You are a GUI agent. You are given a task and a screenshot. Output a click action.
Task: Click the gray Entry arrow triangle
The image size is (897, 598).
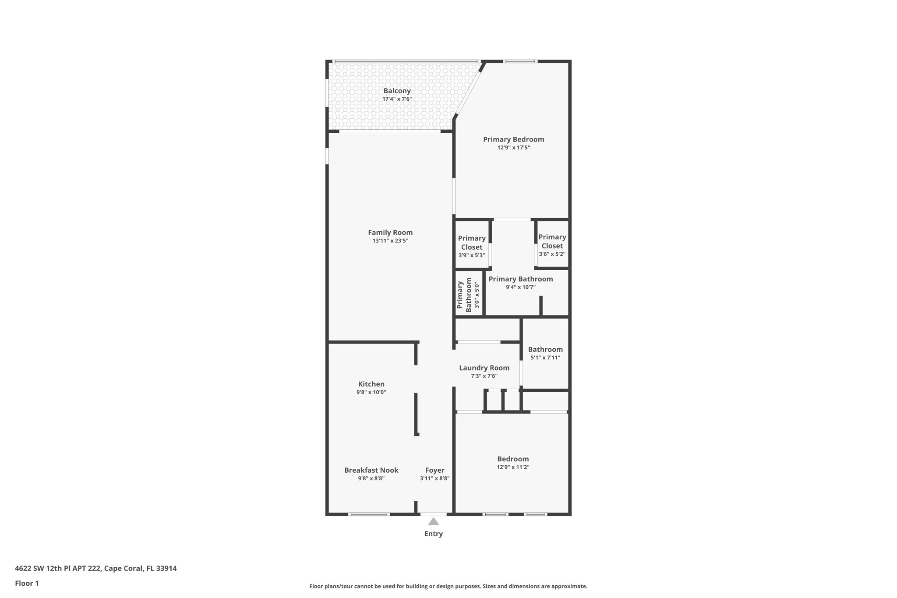[x=434, y=521]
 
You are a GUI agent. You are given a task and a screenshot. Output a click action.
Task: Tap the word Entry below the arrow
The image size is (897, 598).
[x=434, y=534]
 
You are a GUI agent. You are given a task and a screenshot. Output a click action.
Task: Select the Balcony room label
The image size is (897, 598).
[x=397, y=91]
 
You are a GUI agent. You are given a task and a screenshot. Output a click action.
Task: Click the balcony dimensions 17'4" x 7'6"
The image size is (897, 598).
[x=397, y=99]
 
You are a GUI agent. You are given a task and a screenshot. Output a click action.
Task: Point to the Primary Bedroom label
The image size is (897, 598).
[x=514, y=139]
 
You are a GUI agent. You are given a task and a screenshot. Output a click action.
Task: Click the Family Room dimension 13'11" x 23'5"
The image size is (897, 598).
[x=390, y=241]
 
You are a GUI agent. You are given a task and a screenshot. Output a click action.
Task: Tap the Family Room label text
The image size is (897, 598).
[x=390, y=233]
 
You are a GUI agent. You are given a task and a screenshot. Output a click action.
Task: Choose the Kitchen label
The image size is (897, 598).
[x=371, y=384]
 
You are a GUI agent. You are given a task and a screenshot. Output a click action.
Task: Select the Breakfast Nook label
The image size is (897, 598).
[x=371, y=470]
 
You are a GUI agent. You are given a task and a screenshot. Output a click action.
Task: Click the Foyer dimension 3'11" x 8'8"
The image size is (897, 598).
[x=435, y=478]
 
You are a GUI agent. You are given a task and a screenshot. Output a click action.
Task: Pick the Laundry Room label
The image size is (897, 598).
[x=484, y=368]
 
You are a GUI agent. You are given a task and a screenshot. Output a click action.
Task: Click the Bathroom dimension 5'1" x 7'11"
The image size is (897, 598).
[x=545, y=357]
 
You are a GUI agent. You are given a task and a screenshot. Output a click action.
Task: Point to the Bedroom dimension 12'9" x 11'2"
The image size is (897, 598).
[x=513, y=467]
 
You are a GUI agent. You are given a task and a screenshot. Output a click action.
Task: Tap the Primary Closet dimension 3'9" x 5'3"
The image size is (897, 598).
[x=472, y=255]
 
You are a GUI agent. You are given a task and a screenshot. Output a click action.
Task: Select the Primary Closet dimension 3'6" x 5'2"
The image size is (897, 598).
[x=552, y=254]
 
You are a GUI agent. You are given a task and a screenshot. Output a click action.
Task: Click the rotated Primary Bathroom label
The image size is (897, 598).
[x=464, y=295]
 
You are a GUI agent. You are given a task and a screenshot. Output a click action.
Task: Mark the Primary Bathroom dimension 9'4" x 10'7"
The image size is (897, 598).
[x=521, y=287]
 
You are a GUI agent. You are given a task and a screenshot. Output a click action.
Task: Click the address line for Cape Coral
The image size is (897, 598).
[x=96, y=569]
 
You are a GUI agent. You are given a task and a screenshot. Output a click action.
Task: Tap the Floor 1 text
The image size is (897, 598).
[x=27, y=584]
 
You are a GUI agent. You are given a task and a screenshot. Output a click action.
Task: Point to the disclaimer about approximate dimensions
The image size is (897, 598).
[x=448, y=586]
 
